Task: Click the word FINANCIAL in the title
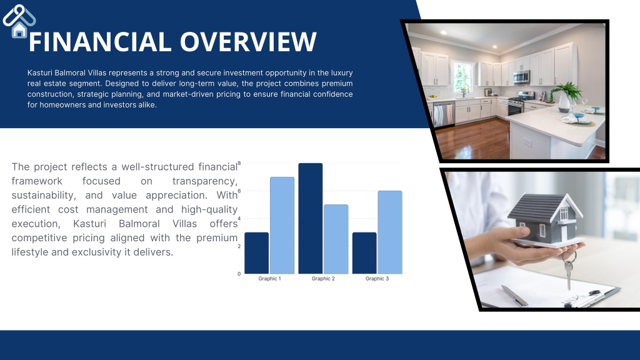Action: click(x=99, y=42)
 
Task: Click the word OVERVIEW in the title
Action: click(x=248, y=42)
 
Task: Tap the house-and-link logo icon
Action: click(x=19, y=21)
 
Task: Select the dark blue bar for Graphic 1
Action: click(x=257, y=253)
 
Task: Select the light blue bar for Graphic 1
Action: click(x=282, y=225)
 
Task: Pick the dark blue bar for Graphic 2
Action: click(x=311, y=218)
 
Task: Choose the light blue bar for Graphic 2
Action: click(x=336, y=239)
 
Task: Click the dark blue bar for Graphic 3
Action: click(x=364, y=253)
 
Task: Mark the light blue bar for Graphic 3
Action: click(x=390, y=232)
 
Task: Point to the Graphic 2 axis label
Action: click(x=323, y=279)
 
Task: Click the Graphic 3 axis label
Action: click(x=377, y=279)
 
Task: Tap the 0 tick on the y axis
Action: click(x=239, y=274)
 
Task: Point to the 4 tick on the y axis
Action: click(x=239, y=218)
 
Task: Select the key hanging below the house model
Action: click(x=568, y=269)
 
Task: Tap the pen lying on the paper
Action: click(x=514, y=296)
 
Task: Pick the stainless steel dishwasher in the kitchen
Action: click(x=444, y=114)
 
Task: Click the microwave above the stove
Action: click(x=521, y=77)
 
